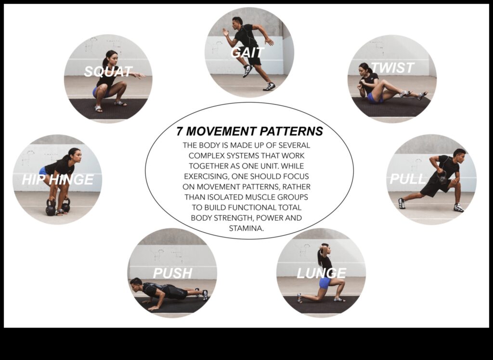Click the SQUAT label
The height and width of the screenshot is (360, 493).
pos(108,72)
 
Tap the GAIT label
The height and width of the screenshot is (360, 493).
pos(247,52)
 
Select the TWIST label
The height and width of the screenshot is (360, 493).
pos(392,68)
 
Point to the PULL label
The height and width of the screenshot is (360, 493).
pos(407,179)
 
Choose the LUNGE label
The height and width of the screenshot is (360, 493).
pos(321,273)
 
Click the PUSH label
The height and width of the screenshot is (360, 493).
pos(172,273)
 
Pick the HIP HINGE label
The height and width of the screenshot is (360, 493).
pos(57,180)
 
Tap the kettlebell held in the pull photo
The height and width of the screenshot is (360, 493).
pos(442,177)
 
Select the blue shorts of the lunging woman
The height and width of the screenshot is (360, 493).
pos(325,282)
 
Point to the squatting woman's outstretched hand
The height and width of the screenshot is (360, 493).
pos(140,76)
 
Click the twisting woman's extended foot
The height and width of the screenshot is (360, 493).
pos(422,95)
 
